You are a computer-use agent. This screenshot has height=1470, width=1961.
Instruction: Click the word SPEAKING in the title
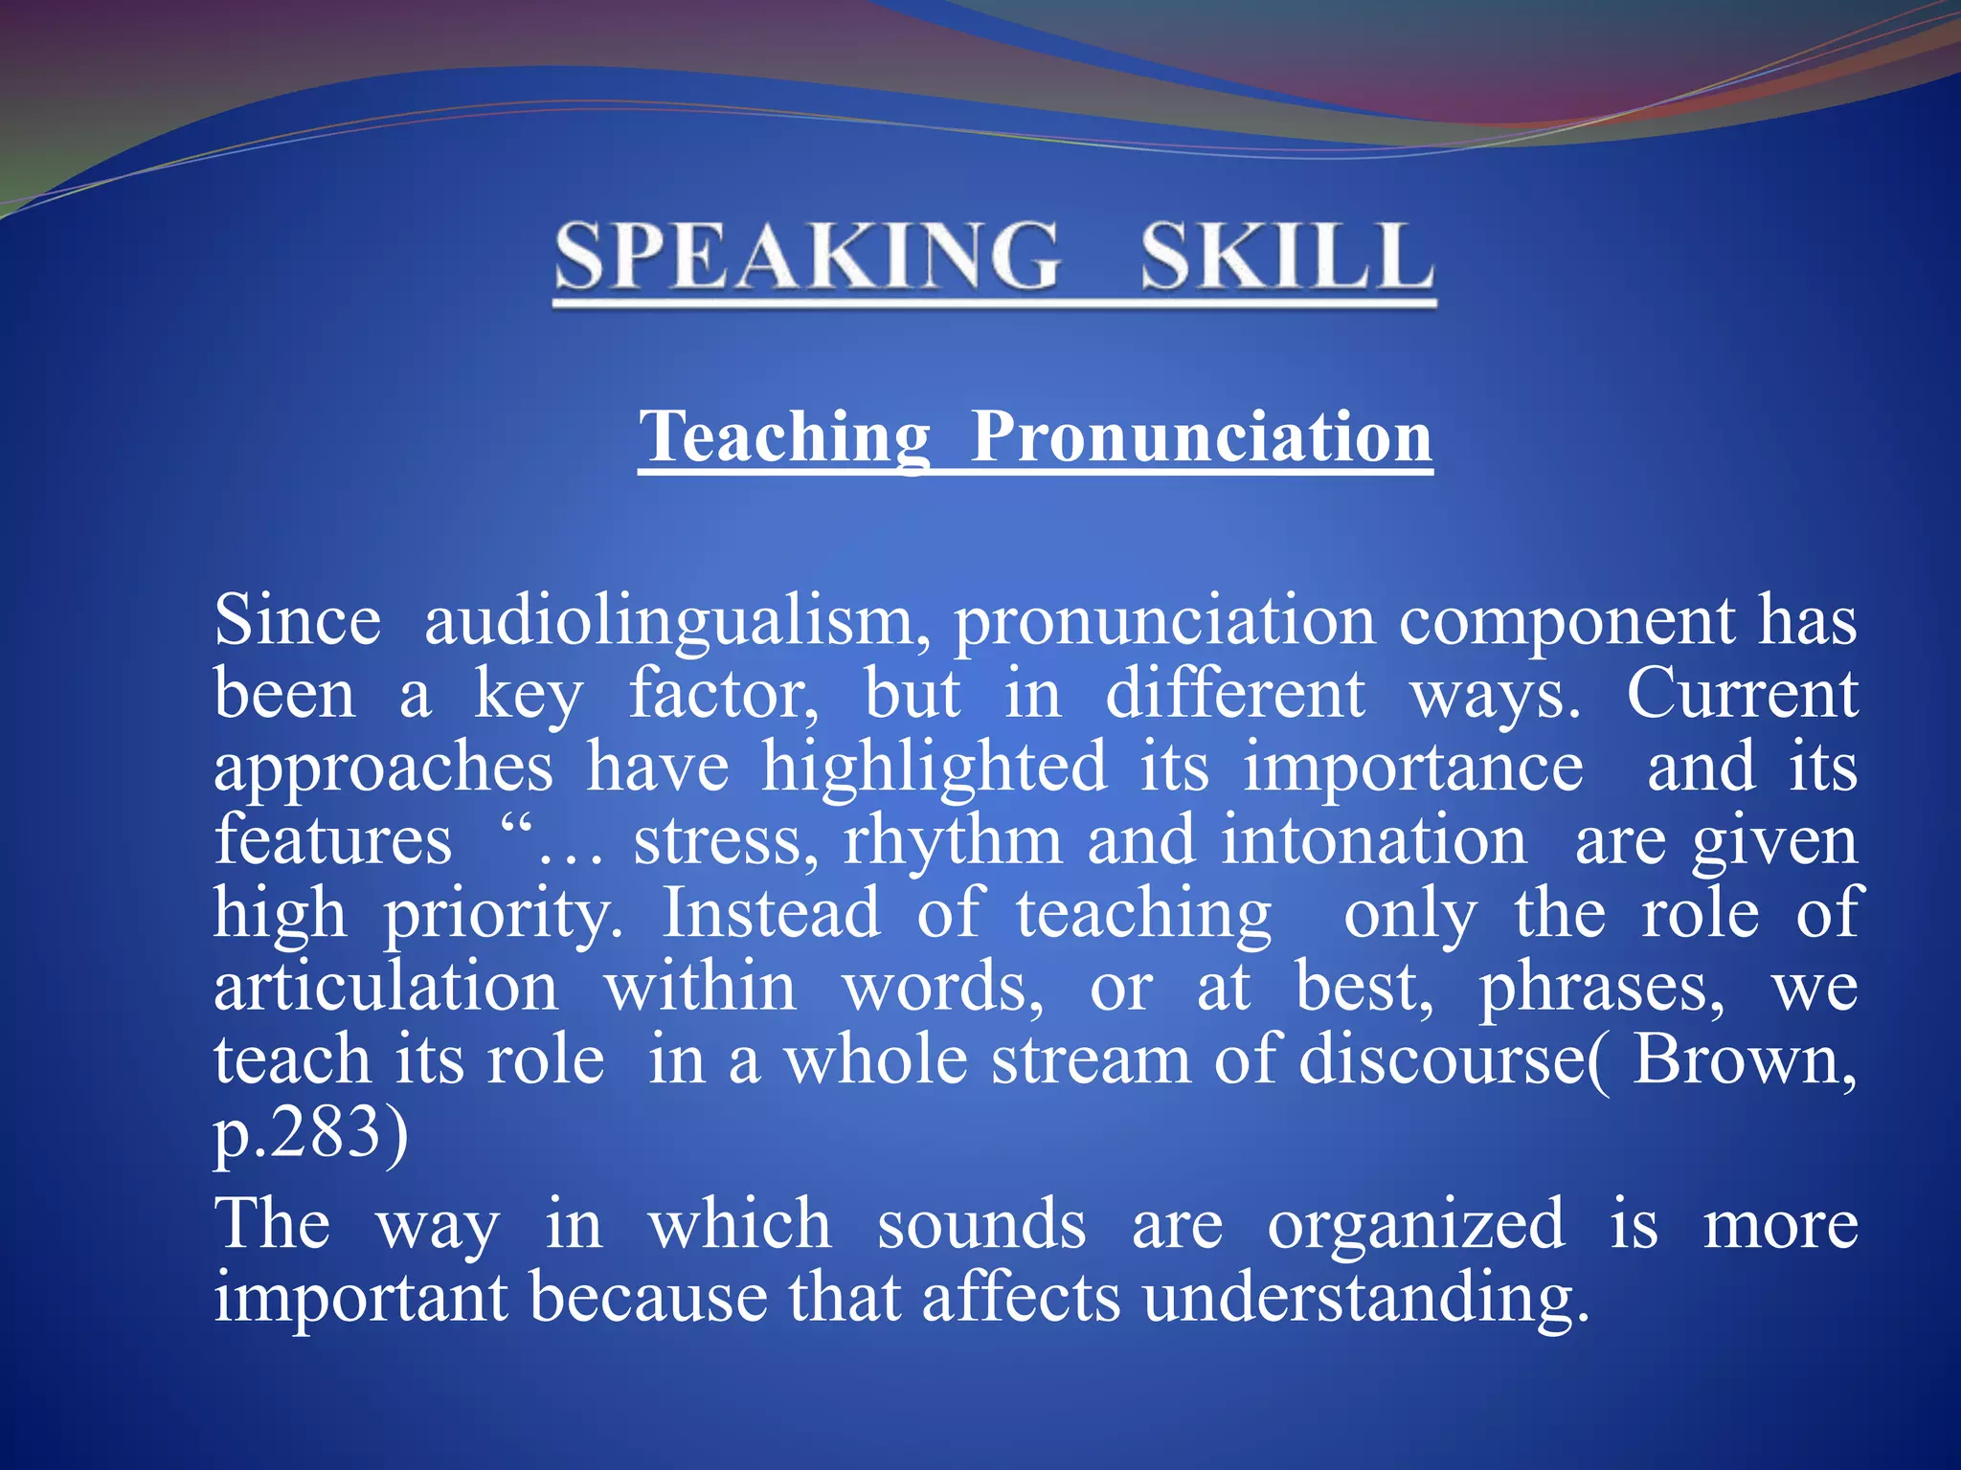(x=807, y=256)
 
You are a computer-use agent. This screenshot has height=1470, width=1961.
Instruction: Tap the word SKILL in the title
(x=1287, y=256)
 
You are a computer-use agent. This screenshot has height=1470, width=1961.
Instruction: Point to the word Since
(x=298, y=621)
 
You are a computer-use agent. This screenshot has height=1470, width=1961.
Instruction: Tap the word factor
(x=724, y=694)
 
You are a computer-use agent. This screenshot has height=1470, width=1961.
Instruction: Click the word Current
(x=1742, y=694)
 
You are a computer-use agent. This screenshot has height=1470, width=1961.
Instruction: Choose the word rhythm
(x=952, y=841)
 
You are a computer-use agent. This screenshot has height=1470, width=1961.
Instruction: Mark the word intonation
(x=1373, y=841)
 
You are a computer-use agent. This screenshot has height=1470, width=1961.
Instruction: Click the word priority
(x=504, y=915)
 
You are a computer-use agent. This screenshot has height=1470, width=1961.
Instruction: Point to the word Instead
(x=772, y=913)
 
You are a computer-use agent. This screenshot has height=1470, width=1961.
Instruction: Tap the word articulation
(x=386, y=987)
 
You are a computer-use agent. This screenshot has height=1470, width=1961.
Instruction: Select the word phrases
(x=1601, y=989)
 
